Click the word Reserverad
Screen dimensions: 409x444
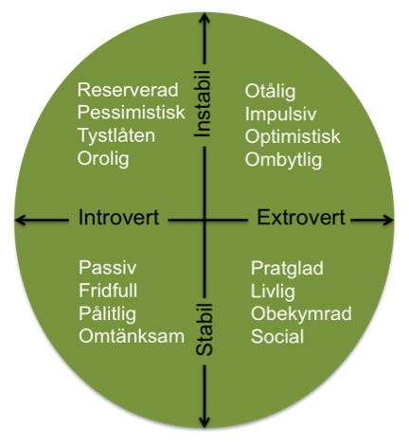tap(128, 90)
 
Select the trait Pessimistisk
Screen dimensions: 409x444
tap(132, 113)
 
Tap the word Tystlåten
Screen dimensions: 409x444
tap(116, 136)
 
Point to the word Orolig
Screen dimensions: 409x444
tap(103, 159)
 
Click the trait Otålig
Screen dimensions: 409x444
tap(270, 92)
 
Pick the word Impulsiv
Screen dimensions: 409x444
tap(280, 115)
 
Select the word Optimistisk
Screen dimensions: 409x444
tap(293, 137)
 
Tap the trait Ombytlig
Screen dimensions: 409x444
tap(283, 160)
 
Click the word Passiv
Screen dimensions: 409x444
tap(108, 268)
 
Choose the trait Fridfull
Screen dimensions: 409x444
tap(108, 291)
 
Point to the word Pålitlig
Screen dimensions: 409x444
tap(107, 313)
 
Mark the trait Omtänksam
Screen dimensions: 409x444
tap(132, 336)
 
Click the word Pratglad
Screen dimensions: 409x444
tap(287, 269)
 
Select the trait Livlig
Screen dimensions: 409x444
tap(273, 292)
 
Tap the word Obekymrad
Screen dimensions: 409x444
tap(301, 313)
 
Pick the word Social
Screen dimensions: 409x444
tap(277, 336)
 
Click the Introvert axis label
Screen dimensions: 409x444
tap(118, 218)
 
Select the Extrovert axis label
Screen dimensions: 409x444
tap(301, 218)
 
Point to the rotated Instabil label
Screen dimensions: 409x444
tap(202, 104)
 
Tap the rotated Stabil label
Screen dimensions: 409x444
tap(204, 329)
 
